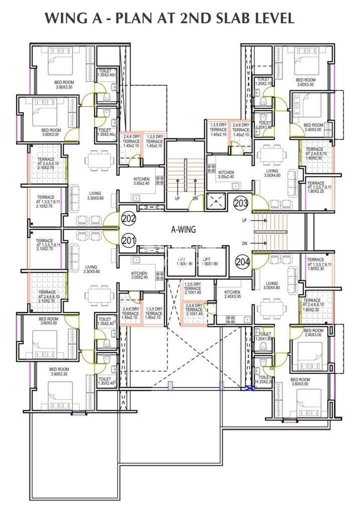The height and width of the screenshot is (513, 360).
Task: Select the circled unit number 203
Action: (x=241, y=203)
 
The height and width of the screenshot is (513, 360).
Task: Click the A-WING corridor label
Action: (x=184, y=230)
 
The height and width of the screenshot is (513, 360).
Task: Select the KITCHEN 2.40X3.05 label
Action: (x=233, y=295)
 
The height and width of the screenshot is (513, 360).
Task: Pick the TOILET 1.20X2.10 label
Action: (x=264, y=82)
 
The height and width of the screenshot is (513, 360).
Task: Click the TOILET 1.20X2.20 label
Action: (x=264, y=380)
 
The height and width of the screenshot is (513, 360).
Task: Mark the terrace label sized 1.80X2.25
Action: (x=316, y=187)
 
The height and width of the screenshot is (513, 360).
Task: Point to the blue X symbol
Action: (x=248, y=388)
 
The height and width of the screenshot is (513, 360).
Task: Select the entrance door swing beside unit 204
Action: (x=259, y=261)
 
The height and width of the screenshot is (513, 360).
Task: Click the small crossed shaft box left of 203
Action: (x=216, y=201)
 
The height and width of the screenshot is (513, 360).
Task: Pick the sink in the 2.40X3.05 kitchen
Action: (x=231, y=319)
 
